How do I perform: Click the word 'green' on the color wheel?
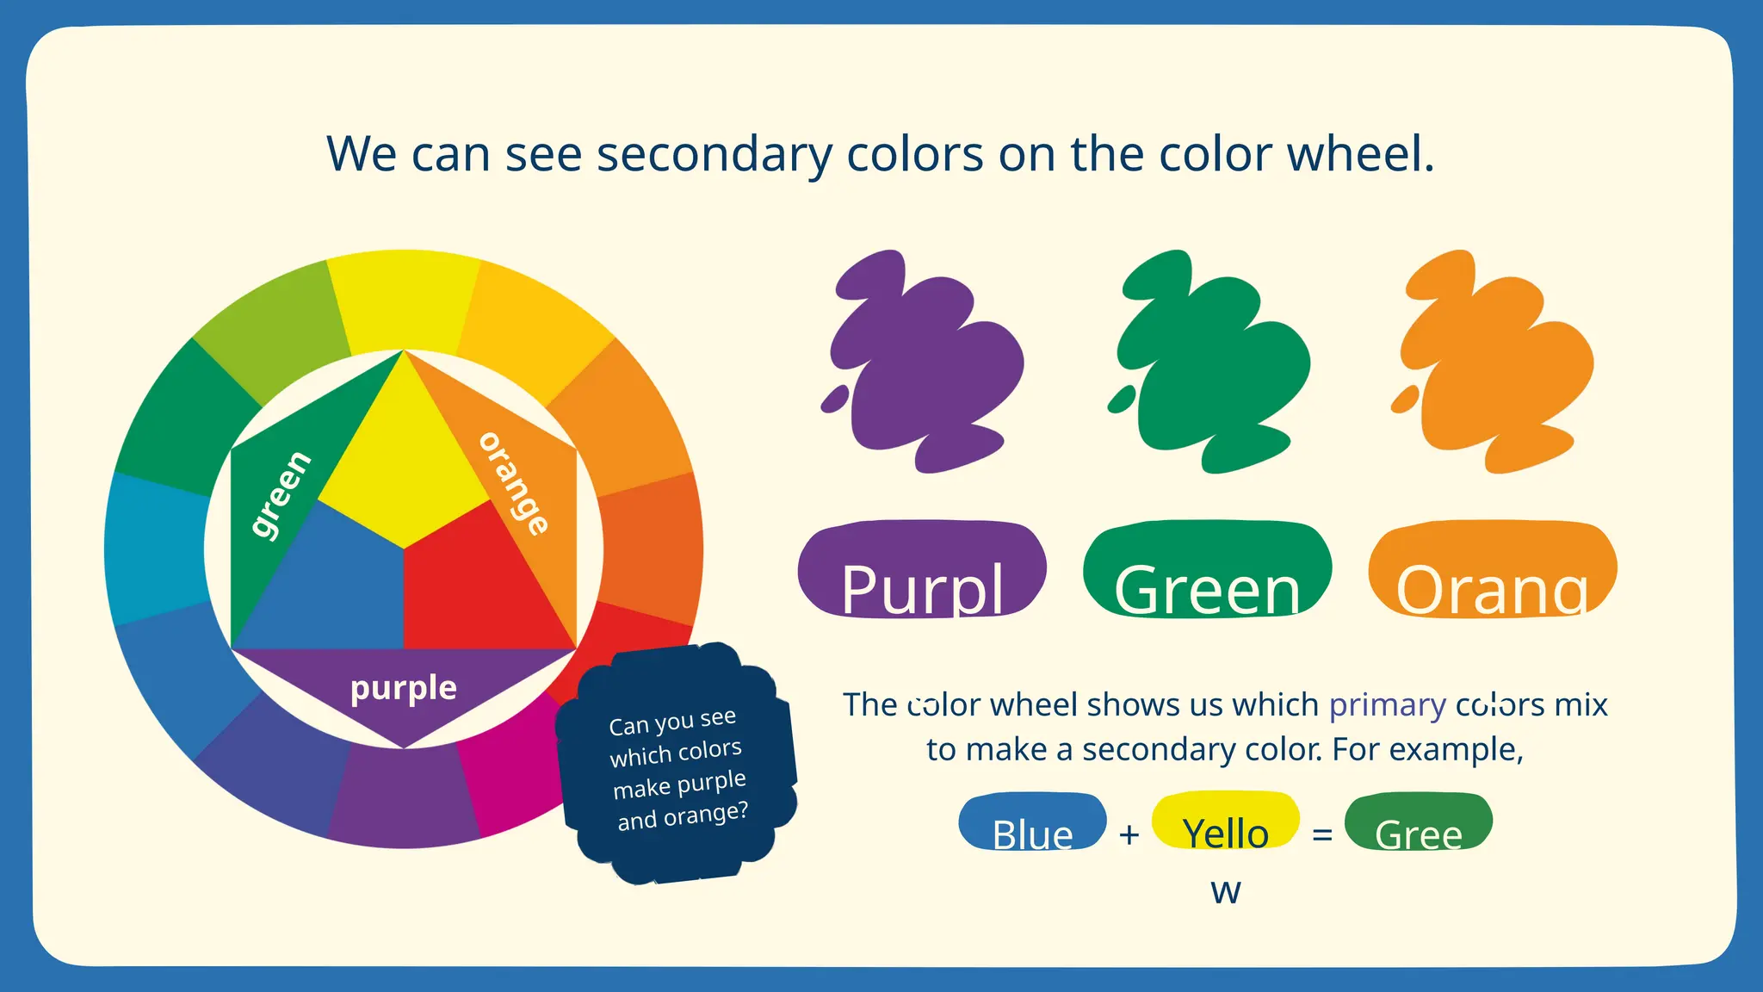point(281,494)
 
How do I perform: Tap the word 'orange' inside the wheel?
point(514,483)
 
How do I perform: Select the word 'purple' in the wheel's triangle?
point(404,688)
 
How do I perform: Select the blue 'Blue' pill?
point(1032,821)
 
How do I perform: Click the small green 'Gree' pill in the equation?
point(1418,821)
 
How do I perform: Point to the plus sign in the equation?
point(1129,834)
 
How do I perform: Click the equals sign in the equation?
point(1322,834)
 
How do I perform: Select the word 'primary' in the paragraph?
point(1387,704)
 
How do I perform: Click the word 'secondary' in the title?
point(714,155)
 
